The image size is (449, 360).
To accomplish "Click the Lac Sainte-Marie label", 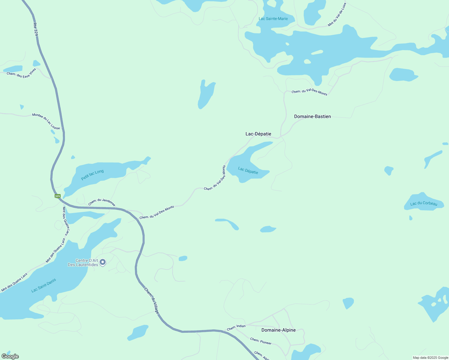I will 273,19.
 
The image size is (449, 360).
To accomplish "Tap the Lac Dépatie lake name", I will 248,170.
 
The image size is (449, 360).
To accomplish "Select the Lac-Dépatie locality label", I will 258,134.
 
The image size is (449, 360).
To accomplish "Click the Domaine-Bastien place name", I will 312,116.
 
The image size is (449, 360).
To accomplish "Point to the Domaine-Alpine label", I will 278,330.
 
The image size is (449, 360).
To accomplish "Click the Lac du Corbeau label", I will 424,203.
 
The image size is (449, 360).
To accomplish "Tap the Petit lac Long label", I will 92,175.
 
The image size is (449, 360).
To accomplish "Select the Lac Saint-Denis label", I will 44,285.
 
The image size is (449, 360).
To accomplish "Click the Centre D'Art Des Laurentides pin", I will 103,262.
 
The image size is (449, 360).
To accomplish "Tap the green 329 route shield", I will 58,196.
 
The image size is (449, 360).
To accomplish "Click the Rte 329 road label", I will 36,29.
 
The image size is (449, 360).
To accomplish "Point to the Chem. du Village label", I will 152,301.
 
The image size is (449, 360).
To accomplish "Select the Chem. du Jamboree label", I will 102,202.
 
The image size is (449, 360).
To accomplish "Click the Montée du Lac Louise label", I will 46,121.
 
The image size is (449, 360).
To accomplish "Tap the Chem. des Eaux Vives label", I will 21,73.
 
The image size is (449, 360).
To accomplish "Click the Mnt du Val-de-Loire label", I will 337,15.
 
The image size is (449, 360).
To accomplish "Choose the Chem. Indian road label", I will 236,327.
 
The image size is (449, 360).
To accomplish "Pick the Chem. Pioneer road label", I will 261,341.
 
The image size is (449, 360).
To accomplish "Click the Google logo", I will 10,356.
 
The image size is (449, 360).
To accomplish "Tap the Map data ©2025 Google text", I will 430,358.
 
